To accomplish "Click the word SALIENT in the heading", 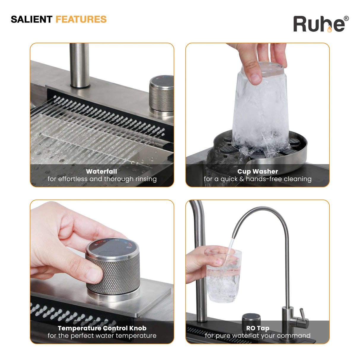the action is click(x=31, y=19).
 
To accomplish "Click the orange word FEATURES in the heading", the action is click(x=81, y=19).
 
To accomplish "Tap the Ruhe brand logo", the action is click(x=321, y=24).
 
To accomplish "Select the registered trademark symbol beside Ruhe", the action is click(x=346, y=18).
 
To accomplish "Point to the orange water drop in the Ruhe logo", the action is click(x=329, y=29).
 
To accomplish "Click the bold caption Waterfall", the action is click(x=101, y=171).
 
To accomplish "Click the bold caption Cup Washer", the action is click(x=258, y=171).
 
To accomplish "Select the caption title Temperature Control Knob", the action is click(x=102, y=328).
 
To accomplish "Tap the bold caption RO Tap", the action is click(x=258, y=328).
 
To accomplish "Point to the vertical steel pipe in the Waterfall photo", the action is click(x=80, y=65).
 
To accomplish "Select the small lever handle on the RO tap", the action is click(x=302, y=315).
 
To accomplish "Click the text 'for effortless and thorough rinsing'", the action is click(x=102, y=179).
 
